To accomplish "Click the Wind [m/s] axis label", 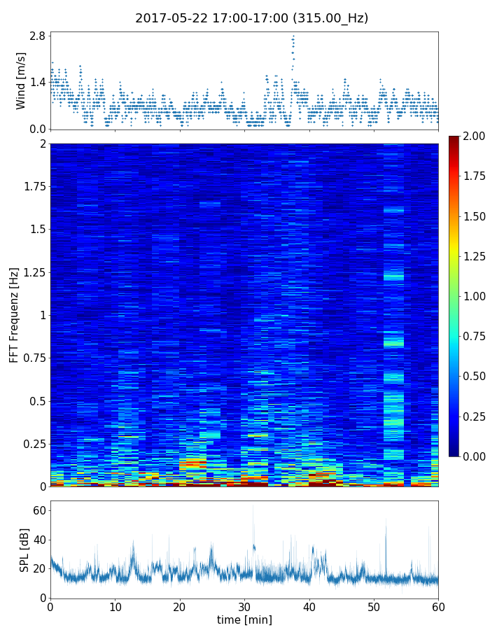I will (x=21, y=80).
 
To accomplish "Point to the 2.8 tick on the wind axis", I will (x=37, y=36).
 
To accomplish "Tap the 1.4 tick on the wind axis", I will (x=37, y=82).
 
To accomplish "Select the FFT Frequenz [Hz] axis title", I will (x=14, y=314).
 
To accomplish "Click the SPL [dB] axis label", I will (x=24, y=549).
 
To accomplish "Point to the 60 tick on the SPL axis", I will (x=39, y=511).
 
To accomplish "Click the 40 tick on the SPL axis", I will (x=39, y=540).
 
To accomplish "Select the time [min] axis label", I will (x=244, y=619).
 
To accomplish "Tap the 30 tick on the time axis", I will (x=244, y=606).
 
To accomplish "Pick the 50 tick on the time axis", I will (x=374, y=606).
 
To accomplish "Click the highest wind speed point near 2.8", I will (x=293, y=36).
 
